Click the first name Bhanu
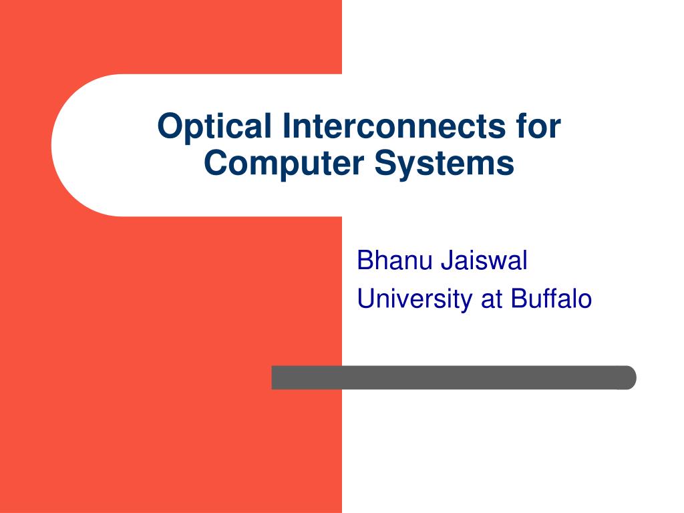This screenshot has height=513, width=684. click(394, 261)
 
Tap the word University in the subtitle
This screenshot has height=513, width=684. click(414, 299)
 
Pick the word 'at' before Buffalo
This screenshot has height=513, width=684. click(491, 299)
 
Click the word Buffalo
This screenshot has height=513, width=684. click(552, 299)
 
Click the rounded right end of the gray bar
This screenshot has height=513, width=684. click(628, 377)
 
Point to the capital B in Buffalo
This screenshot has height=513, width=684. click(519, 299)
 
